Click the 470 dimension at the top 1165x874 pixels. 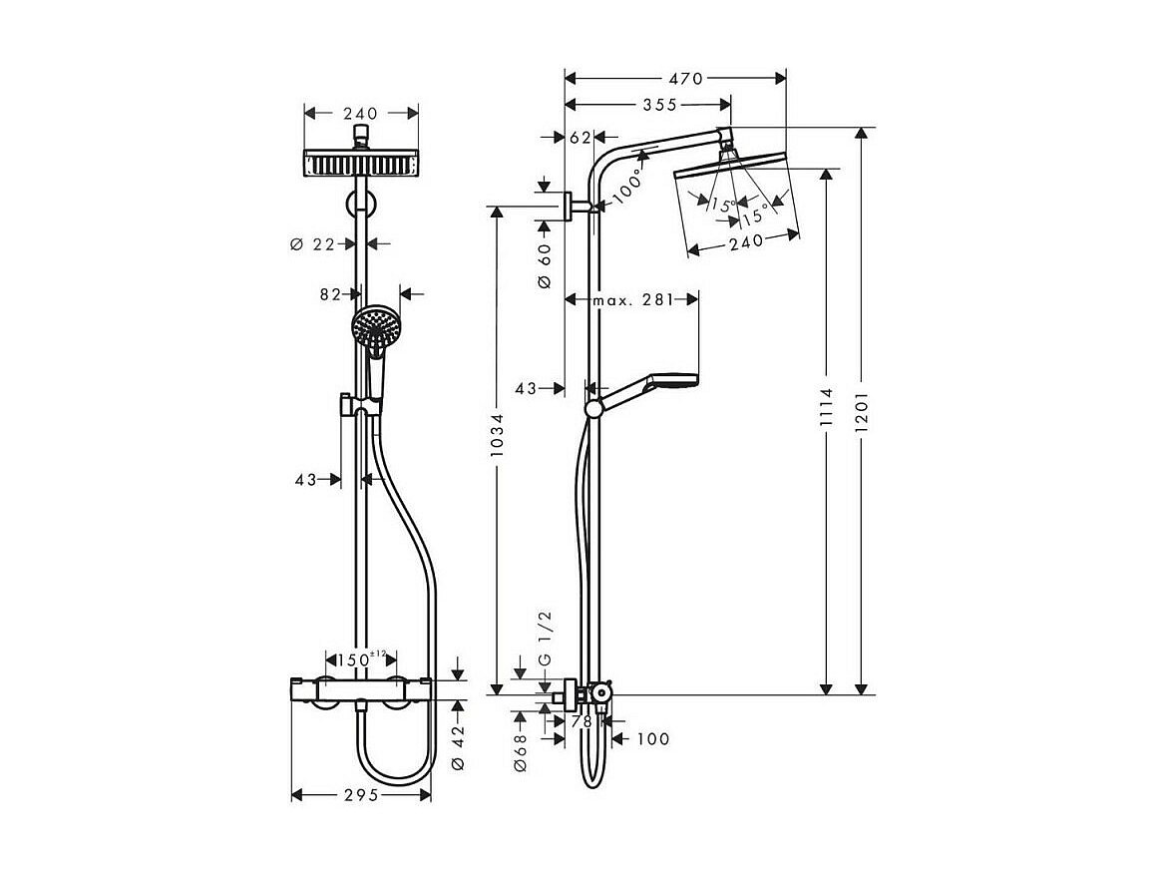(685, 78)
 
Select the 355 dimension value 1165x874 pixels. (659, 105)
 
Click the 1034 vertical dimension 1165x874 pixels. (497, 434)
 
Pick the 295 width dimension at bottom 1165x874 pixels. (362, 795)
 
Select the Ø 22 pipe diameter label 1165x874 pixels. (313, 243)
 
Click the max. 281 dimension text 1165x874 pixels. (632, 300)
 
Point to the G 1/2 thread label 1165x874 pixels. (545, 640)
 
